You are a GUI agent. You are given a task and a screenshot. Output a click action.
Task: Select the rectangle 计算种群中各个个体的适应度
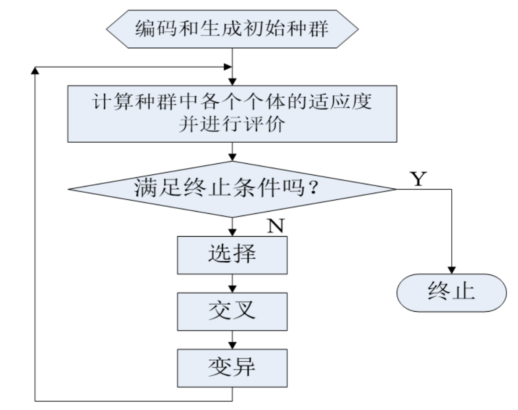point(232,113)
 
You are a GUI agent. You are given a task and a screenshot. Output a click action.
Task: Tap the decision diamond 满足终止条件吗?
point(232,189)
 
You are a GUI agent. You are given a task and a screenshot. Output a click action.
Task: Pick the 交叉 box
point(232,311)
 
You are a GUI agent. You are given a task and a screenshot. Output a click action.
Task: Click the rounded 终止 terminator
point(452,293)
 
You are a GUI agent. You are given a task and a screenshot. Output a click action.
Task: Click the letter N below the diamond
point(276,226)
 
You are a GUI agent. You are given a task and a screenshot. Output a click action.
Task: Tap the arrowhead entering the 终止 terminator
point(452,270)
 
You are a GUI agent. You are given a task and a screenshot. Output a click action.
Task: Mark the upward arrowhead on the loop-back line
point(35,71)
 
